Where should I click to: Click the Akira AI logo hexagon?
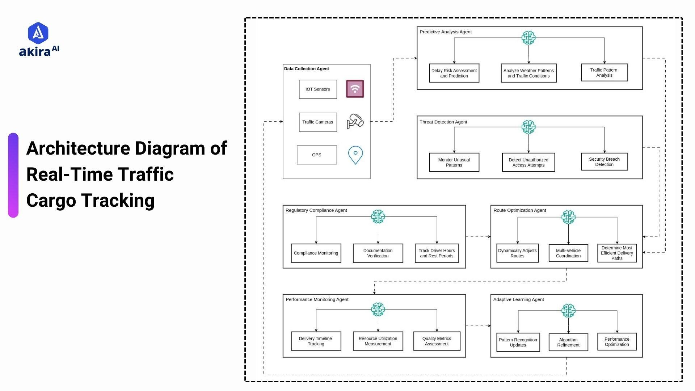[38, 33]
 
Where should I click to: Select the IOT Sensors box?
[318, 89]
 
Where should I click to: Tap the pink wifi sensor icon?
[355, 89]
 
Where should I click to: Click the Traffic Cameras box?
[318, 122]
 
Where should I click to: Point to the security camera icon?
[355, 121]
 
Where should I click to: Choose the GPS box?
[317, 155]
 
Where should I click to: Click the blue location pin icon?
[355, 155]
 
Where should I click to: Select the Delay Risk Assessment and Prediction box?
[454, 73]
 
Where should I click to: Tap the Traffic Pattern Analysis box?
[604, 72]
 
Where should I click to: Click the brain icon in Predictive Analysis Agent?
[528, 38]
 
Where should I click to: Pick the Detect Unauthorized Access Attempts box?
[528, 162]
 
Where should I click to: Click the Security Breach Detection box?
[604, 162]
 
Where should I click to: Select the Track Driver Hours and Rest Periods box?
[437, 253]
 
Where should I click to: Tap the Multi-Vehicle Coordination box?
[568, 253]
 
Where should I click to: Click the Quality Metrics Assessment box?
[437, 341]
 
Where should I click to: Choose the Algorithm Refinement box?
[568, 342]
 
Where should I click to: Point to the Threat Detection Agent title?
[443, 122]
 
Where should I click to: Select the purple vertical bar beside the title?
[13, 175]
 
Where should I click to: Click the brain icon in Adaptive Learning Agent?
[568, 311]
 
